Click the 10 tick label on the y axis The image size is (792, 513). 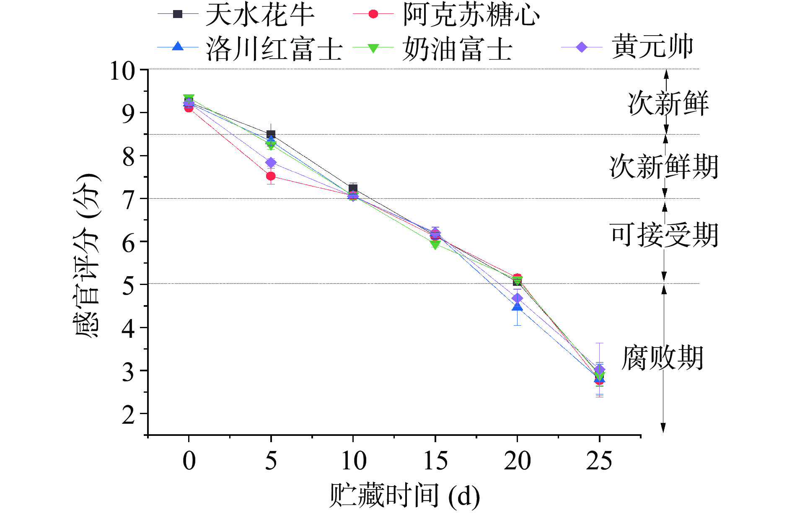coord(122,70)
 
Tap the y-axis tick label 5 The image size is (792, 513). coord(128,285)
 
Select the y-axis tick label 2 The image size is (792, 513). coord(128,415)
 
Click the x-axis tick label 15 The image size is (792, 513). coord(435,461)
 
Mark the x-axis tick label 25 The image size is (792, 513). coord(599,461)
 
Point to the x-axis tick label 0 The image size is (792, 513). coord(189,461)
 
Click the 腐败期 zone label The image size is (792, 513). coord(662,358)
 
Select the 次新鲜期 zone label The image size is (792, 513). coord(664,167)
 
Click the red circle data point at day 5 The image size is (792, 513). coord(271,176)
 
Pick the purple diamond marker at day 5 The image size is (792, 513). coord(271,163)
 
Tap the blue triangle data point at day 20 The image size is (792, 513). coord(517,307)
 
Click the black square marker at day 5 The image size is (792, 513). coord(271,135)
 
